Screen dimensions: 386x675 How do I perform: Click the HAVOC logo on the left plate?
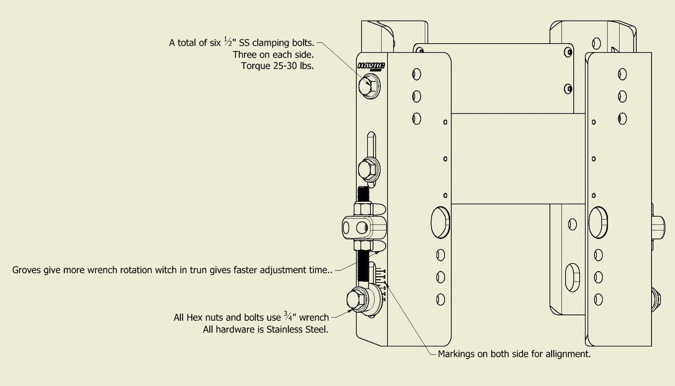(371, 66)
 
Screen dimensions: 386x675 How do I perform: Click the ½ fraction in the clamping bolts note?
(228, 42)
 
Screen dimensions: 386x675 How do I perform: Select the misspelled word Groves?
(26, 270)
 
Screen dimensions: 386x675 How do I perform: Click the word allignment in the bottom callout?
(567, 354)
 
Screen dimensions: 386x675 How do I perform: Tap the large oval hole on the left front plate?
(440, 222)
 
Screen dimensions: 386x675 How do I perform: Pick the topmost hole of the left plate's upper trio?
(417, 74)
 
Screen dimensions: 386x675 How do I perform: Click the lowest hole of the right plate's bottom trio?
(598, 299)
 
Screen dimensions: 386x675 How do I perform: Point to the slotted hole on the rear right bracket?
(572, 278)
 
